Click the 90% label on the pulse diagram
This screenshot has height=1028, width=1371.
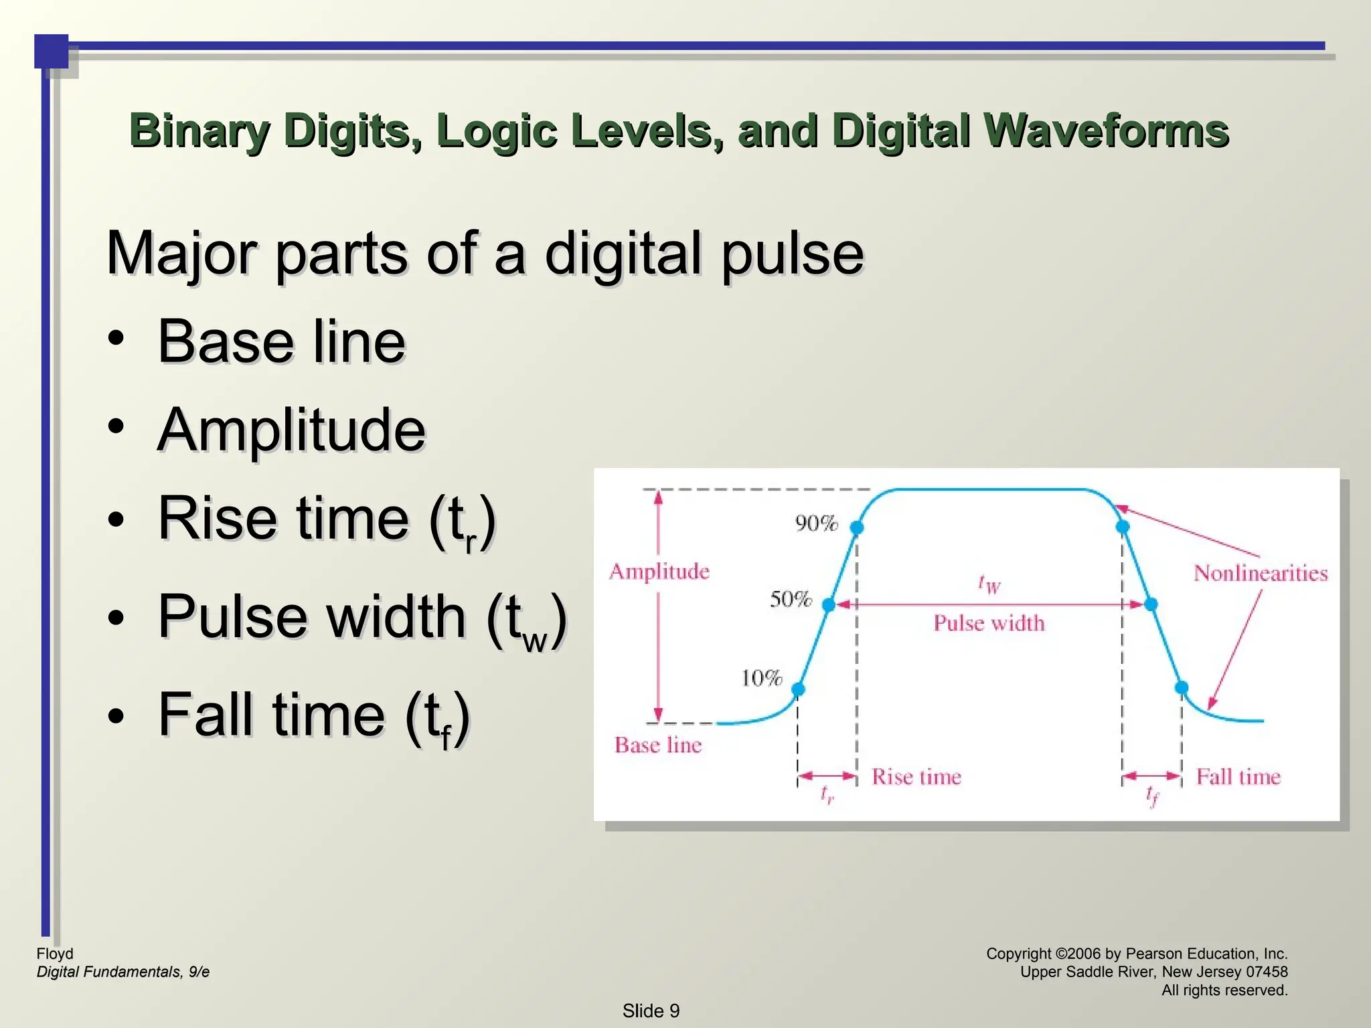coord(816,523)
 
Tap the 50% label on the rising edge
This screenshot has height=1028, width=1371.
coord(791,598)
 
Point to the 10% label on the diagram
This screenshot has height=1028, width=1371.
coord(761,678)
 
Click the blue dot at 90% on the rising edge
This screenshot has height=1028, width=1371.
coord(857,527)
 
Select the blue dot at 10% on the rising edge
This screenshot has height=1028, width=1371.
coord(798,689)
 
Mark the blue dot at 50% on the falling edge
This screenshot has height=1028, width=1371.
coord(1151,604)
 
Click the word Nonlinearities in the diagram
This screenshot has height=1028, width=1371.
coord(1261,573)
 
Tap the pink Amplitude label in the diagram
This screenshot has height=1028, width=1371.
coord(659,572)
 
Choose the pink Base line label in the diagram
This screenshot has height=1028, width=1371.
coord(658,745)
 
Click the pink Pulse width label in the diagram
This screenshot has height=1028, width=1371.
coord(989,623)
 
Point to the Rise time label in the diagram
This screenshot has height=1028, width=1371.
coord(916,776)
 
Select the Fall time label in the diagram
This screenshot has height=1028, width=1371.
coord(1238,776)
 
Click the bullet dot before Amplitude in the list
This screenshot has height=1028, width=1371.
coord(116,426)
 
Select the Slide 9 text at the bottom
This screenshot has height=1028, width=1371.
coord(651,1011)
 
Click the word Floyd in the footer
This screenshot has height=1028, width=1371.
coord(55,954)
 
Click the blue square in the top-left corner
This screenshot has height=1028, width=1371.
coord(52,52)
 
